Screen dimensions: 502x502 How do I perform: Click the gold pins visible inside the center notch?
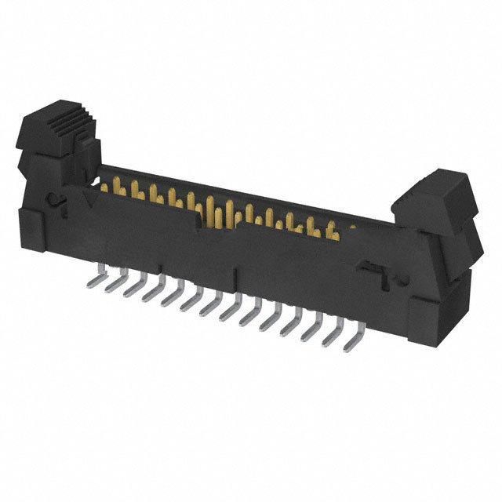216,212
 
